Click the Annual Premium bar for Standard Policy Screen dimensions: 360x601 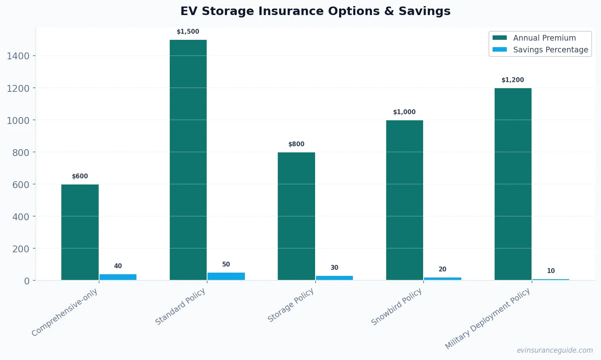point(188,160)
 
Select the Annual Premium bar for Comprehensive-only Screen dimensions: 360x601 point(80,232)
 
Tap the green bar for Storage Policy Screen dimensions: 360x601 point(296,216)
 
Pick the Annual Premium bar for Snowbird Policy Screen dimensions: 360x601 point(404,200)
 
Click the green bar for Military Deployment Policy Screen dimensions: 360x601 point(513,184)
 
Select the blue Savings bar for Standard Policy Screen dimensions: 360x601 point(226,276)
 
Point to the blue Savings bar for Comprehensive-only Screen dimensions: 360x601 point(118,277)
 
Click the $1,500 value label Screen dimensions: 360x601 point(188,32)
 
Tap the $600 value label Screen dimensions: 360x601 point(80,176)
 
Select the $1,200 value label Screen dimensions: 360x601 point(513,80)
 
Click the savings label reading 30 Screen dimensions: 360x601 point(334,268)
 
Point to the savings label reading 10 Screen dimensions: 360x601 point(551,271)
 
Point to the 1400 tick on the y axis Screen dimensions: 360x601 point(18,56)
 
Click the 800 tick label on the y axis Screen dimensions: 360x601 point(21,153)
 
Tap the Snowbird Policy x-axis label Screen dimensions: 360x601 point(397,307)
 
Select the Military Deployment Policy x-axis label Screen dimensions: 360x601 point(488,319)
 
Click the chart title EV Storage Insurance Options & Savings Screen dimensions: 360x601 point(316,11)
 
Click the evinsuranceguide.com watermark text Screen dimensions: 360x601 point(555,350)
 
